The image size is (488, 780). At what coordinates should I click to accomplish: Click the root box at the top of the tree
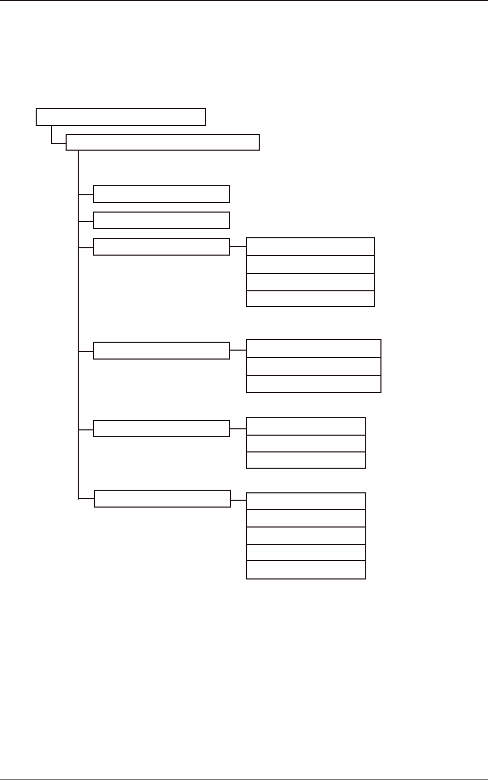coord(121,117)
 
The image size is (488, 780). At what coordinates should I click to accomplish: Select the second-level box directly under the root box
coord(163,142)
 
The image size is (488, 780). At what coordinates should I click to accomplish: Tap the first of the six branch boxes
coord(161,194)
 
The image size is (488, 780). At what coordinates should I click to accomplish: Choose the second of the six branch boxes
coord(161,220)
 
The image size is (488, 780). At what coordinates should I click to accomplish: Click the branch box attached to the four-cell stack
coord(161,247)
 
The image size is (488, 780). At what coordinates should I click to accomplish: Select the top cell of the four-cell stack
coord(311,247)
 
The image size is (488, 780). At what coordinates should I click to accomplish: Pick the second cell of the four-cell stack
coord(311,265)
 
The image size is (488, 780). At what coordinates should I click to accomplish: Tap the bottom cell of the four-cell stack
coord(311,299)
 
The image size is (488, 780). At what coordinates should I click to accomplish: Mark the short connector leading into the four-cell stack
coord(238,246)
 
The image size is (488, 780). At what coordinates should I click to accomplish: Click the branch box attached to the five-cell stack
coord(162,499)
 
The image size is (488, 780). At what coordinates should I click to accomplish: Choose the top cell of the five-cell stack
coord(306,501)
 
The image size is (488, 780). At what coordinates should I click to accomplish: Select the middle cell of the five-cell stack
coord(306,536)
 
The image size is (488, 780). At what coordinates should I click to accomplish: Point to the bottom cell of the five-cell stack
coord(306,570)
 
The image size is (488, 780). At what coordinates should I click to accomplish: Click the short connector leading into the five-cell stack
coord(238,500)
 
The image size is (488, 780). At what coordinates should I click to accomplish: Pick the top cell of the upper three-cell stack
coord(314,349)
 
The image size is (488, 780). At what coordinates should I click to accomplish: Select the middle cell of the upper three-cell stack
coord(314,366)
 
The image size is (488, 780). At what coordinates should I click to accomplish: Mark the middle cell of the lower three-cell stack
coord(306,443)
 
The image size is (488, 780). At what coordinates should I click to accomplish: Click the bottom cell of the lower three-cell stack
coord(306,460)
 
